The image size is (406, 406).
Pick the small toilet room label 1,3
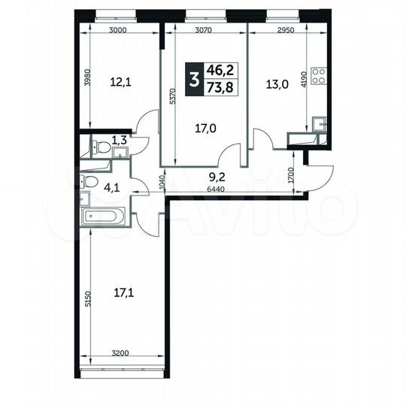[120, 138]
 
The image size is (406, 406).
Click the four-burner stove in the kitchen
[318, 75]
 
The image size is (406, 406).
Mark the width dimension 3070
[206, 31]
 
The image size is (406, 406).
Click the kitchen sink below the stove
[318, 123]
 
